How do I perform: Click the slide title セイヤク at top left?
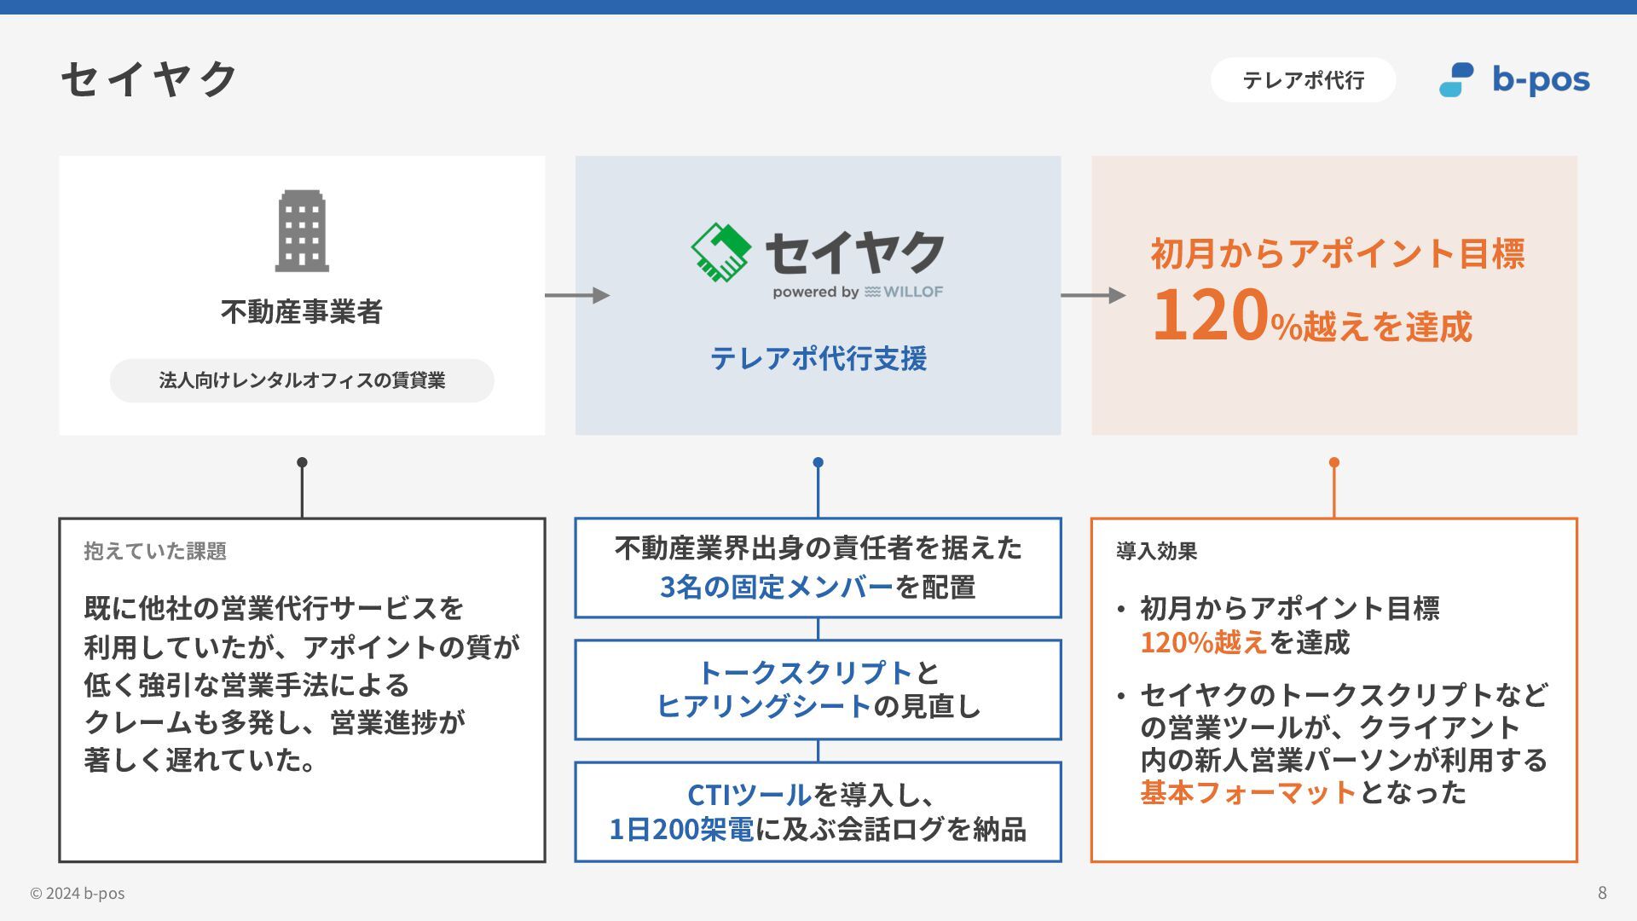pos(150,79)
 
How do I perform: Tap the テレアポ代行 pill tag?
pos(1303,80)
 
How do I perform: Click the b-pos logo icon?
pos(1456,80)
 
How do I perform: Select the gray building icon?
pos(302,231)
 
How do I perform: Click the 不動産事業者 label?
pos(302,312)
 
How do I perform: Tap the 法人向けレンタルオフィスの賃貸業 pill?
pos(302,380)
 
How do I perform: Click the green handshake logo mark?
pos(720,252)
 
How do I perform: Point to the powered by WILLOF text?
pos(858,293)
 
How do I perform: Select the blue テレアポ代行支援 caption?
pos(818,358)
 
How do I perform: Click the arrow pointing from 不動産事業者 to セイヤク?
pos(577,295)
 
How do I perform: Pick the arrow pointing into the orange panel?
pos(1093,295)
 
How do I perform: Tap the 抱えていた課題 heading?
pos(155,551)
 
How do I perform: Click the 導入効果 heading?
pos(1157,551)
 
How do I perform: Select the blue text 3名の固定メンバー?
pos(777,587)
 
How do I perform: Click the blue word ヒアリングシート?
pos(764,706)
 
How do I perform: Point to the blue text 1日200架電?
pos(681,829)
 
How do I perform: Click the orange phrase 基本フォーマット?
pos(1248,793)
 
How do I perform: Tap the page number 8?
pos(1602,893)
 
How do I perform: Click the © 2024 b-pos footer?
pos(78,894)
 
